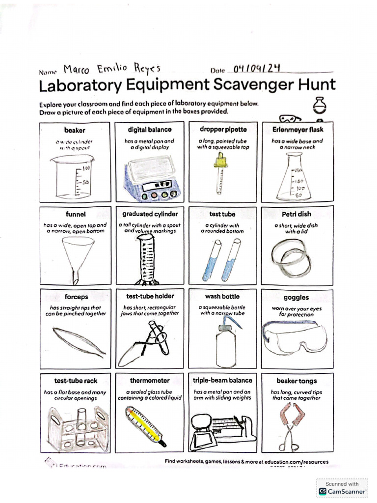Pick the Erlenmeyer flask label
pyautogui.click(x=297, y=130)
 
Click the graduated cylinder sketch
pyautogui.click(x=146, y=258)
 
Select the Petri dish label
pyautogui.click(x=297, y=214)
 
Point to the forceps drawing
pyautogui.click(x=79, y=341)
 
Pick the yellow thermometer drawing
pyautogui.click(x=145, y=425)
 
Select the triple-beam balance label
pyautogui.click(x=222, y=380)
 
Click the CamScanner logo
pyautogui.click(x=323, y=491)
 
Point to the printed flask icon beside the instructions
pyautogui.click(x=320, y=105)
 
